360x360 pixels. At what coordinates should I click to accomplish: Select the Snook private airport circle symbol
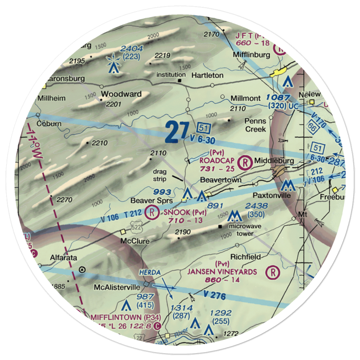click(x=152, y=212)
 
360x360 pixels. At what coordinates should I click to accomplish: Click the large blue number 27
click(x=177, y=132)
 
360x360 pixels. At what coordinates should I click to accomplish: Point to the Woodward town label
click(x=121, y=94)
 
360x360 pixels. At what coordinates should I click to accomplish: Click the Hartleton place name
click(x=207, y=76)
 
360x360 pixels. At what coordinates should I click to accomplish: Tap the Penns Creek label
click(x=255, y=125)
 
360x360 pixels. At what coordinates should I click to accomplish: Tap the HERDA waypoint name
click(x=150, y=273)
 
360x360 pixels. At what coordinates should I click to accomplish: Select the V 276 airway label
click(x=214, y=296)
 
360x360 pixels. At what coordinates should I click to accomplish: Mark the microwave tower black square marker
click(x=220, y=227)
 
